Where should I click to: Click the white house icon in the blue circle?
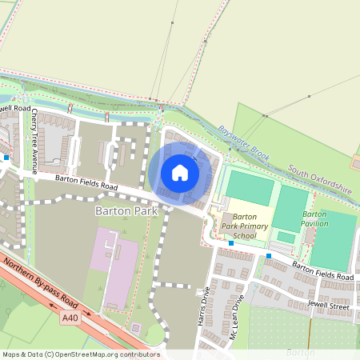point(180,172)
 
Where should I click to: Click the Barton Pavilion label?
point(314,219)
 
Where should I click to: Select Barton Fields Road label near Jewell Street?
point(322,270)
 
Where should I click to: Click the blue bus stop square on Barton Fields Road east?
point(269,256)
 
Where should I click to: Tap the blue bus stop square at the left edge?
point(6,158)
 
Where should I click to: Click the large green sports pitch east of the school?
point(333,240)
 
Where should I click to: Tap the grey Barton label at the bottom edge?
point(298,351)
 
